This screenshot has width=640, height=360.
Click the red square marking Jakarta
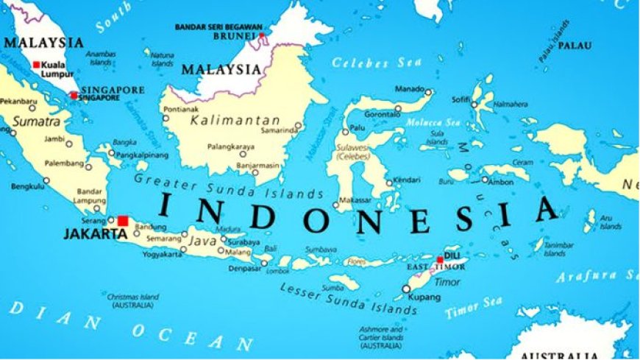pyautogui.click(x=122, y=220)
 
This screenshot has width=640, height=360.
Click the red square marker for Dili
pyautogui.click(x=440, y=259)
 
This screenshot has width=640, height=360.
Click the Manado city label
pyautogui.click(x=410, y=89)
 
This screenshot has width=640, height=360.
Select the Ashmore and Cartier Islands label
pyautogui.click(x=381, y=337)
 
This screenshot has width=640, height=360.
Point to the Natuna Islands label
pyautogui.click(x=162, y=58)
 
